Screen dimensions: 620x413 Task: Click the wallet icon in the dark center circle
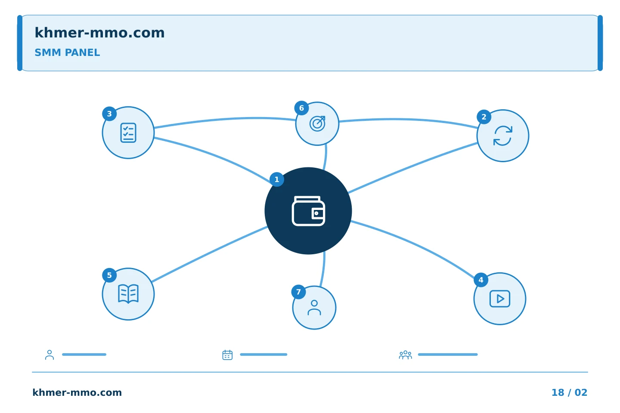click(x=308, y=211)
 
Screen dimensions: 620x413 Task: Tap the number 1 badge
click(x=277, y=179)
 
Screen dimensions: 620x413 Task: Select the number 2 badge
click(x=484, y=117)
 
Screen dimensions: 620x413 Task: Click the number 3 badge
click(x=109, y=114)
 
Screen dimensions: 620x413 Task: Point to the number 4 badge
click(x=481, y=280)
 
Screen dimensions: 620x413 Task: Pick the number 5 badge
click(x=109, y=275)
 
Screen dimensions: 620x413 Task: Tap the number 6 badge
click(x=301, y=108)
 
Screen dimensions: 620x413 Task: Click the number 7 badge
click(x=298, y=292)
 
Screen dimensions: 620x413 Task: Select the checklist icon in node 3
click(x=128, y=133)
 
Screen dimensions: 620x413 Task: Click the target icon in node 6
click(x=317, y=123)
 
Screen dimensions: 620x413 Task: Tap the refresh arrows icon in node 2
click(x=502, y=136)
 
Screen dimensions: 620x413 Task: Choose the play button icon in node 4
click(x=499, y=299)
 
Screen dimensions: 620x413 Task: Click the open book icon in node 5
click(x=128, y=294)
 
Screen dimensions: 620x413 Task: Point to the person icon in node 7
click(x=314, y=308)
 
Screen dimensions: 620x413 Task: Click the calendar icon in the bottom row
click(x=227, y=355)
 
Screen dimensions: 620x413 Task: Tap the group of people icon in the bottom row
click(x=406, y=355)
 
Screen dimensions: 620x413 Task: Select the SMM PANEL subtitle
click(x=67, y=52)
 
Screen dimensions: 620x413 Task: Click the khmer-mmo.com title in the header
click(x=99, y=33)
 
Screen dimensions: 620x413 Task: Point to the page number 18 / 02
click(x=569, y=392)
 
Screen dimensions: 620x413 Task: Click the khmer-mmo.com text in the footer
click(x=77, y=392)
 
